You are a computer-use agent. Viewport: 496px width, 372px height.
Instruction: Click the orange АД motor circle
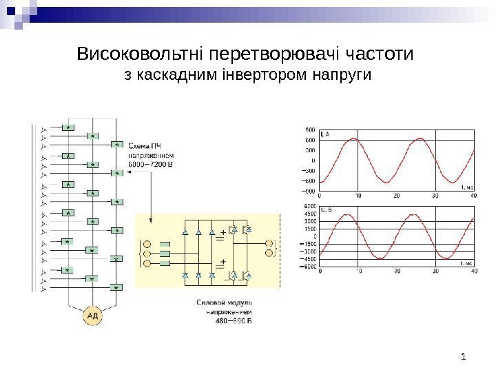[x=93, y=316]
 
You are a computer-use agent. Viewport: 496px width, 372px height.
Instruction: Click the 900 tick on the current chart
[x=311, y=130]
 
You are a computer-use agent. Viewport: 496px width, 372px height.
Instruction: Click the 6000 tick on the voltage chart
[x=310, y=206]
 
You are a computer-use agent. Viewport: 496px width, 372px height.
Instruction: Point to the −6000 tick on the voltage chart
[x=308, y=266]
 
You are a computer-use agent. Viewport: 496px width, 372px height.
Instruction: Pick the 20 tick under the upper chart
[x=396, y=196]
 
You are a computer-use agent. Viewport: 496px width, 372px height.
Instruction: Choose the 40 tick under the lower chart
[x=473, y=271]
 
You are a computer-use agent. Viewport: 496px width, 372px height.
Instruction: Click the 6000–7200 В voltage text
[x=156, y=166]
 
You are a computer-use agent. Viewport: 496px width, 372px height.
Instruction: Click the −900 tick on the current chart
[x=309, y=191]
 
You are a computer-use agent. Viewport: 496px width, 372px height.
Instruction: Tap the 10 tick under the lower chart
[x=358, y=271]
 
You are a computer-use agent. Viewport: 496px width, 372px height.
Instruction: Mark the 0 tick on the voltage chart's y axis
[x=314, y=236]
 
